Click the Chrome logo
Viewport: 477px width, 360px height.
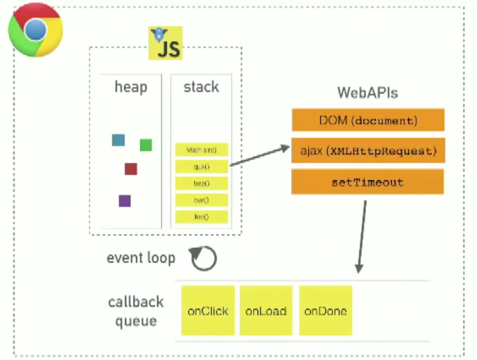click(36, 29)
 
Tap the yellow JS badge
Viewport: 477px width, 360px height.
click(166, 44)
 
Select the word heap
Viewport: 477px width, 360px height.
click(131, 87)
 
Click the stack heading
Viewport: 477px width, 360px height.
click(201, 87)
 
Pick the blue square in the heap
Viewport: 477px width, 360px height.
click(118, 140)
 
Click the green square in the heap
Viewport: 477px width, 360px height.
click(146, 145)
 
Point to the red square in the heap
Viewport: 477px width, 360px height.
click(131, 169)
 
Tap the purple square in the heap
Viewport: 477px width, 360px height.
click(125, 201)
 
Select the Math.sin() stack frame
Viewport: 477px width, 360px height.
click(201, 150)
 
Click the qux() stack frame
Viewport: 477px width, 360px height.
click(201, 167)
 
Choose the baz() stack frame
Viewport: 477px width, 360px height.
click(201, 184)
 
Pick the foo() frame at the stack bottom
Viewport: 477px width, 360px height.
click(201, 217)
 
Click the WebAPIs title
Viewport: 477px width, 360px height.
click(367, 93)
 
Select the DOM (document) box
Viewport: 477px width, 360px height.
click(367, 120)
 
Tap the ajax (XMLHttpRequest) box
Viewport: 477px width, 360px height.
click(367, 151)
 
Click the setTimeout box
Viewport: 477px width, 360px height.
click(367, 183)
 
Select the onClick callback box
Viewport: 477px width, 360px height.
click(208, 311)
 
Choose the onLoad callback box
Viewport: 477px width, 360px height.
click(266, 311)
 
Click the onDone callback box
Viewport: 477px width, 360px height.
click(325, 311)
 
